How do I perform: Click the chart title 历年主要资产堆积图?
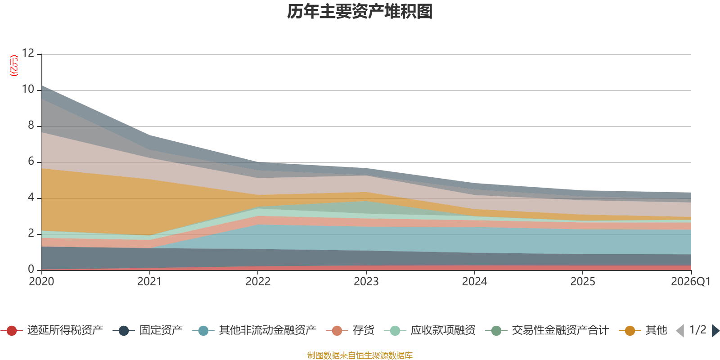click(360, 12)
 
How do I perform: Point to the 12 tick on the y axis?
click(28, 53)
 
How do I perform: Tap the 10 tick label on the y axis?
click(28, 89)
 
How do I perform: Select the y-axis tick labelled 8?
click(31, 125)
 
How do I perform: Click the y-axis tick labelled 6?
click(31, 161)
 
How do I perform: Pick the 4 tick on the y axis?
click(31, 197)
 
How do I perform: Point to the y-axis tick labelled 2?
click(31, 233)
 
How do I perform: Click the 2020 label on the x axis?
click(41, 282)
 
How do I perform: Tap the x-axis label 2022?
click(258, 282)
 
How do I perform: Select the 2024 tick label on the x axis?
click(474, 282)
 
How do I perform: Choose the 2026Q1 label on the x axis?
click(690, 282)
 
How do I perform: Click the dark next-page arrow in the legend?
click(715, 331)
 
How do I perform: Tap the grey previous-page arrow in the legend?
click(680, 331)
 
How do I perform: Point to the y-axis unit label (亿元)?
click(14, 66)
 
